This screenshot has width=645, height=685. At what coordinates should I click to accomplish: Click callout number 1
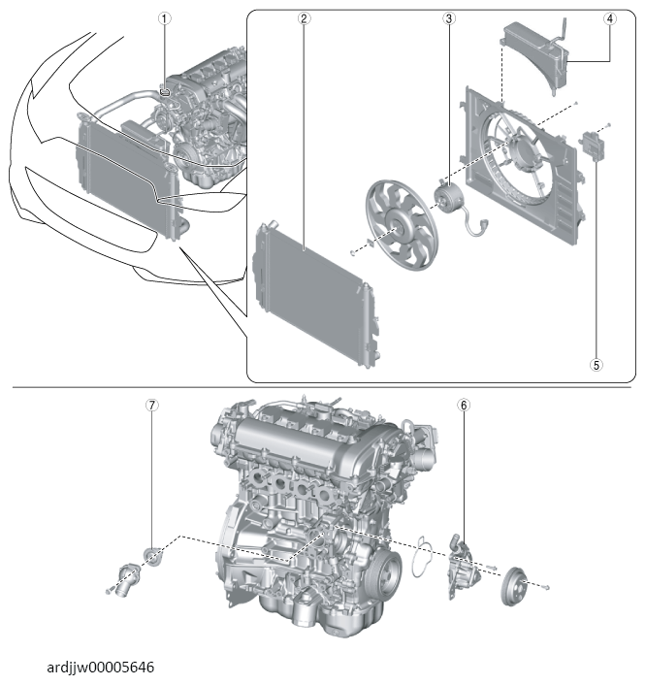point(164,18)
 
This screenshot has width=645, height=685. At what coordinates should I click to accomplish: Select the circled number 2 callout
point(304,18)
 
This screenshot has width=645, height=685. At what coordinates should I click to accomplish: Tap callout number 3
point(448,18)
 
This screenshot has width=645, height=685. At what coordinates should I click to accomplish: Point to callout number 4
point(610,18)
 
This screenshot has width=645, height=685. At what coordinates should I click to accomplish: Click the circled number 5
point(597,365)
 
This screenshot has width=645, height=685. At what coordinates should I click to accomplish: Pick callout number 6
point(464,405)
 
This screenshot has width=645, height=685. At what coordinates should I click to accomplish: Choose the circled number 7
point(151,405)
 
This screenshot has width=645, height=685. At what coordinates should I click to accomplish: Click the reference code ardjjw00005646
point(101,668)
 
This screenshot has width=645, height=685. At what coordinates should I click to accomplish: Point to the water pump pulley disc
point(514,586)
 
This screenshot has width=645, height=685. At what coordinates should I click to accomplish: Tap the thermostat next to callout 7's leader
point(153,556)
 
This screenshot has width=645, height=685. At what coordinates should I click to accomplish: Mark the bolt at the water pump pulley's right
point(545,588)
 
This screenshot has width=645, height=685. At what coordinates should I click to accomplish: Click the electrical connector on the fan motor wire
point(484,224)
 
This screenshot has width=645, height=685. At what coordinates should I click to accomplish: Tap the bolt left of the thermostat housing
point(109,592)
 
